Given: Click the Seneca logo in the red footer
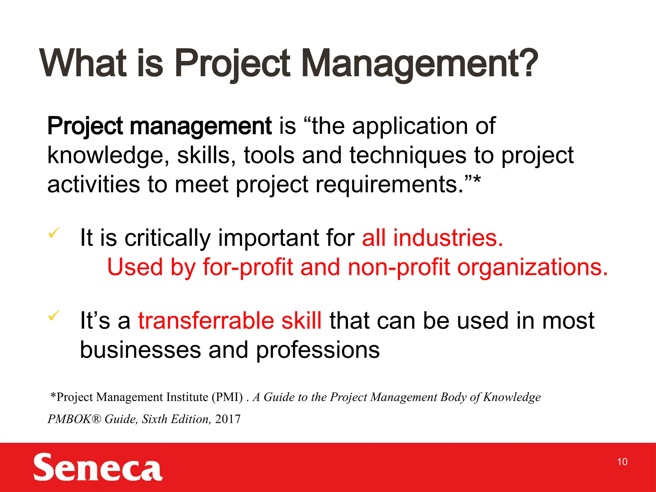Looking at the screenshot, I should [98, 467].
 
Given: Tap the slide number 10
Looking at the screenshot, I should [622, 462].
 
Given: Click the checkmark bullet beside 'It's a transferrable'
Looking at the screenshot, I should [53, 315].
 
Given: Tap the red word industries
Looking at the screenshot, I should [448, 238].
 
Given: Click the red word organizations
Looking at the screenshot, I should [532, 267].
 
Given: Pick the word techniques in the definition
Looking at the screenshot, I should [408, 155].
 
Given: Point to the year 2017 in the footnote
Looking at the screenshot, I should [228, 419].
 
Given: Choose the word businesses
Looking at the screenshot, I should [140, 349].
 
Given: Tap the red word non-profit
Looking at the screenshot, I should [398, 267].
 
